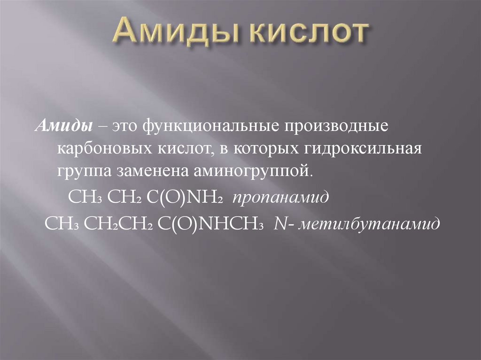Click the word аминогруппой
coord(252,169)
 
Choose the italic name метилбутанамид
coord(371,222)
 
